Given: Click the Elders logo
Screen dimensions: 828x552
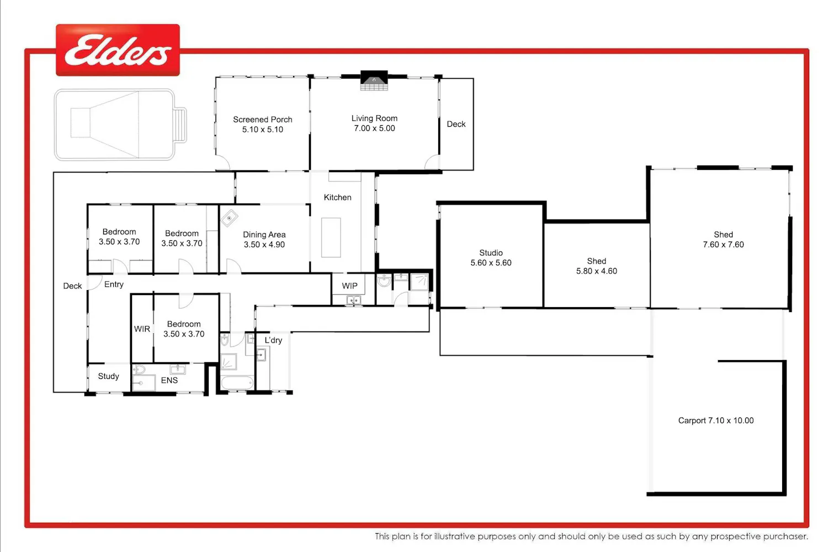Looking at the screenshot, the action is [118, 50].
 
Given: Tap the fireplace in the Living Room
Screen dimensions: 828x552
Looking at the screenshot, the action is [374, 80].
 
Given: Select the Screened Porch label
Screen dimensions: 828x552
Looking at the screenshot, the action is [262, 120].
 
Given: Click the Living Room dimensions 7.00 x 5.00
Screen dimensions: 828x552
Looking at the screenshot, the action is [374, 128].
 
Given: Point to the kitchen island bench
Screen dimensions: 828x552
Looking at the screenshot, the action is [331, 238].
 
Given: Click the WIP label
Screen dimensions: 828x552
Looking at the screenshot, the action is [349, 286].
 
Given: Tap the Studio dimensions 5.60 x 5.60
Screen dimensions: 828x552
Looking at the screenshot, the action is [491, 263].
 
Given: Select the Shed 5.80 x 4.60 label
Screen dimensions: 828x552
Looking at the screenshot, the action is [597, 266].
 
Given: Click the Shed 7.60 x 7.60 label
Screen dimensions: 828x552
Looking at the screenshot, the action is [723, 239].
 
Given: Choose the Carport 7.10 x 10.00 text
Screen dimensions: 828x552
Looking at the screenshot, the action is [716, 421].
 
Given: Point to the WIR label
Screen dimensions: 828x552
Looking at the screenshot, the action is [142, 329].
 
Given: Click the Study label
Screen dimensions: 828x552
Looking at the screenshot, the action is [108, 376].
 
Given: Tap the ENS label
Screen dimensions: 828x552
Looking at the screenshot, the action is [169, 380].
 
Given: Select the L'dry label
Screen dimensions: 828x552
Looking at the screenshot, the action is [274, 340].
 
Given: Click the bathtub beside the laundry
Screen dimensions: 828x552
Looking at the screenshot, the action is [237, 383].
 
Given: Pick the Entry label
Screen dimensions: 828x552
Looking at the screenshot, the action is [114, 285].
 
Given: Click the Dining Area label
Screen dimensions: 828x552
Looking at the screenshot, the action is [264, 235].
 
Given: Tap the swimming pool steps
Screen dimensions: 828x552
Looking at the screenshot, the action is [181, 125].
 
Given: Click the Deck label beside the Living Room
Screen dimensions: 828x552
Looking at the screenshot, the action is [456, 124].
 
